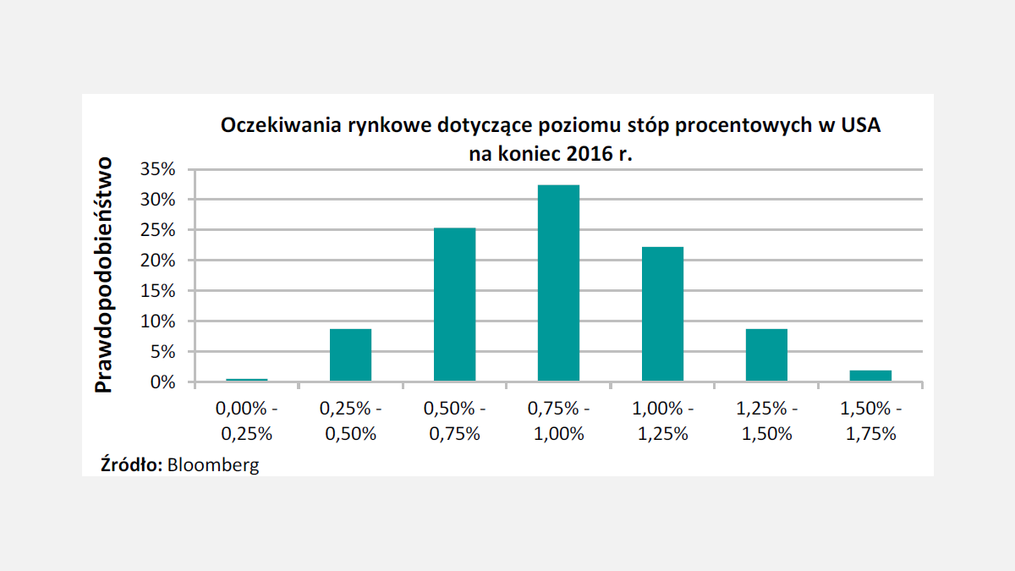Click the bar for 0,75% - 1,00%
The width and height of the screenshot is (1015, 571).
tap(558, 283)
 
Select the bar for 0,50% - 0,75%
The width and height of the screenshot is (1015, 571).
tap(454, 305)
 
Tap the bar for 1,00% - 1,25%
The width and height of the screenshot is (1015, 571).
tap(662, 314)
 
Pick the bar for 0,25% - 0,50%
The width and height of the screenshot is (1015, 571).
tap(350, 355)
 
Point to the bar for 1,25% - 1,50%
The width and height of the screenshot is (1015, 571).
tap(766, 355)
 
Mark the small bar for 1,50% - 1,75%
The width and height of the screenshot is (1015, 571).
tap(870, 376)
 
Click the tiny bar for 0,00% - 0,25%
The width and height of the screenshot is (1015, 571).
tap(246, 380)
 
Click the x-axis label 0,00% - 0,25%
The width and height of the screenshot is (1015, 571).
tap(246, 421)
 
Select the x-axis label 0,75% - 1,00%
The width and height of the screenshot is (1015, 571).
tap(558, 421)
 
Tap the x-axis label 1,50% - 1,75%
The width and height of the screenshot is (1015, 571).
tap(870, 421)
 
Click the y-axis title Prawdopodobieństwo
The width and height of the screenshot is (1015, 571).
tap(103, 275)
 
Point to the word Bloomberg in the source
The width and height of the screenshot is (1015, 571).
tap(213, 464)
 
